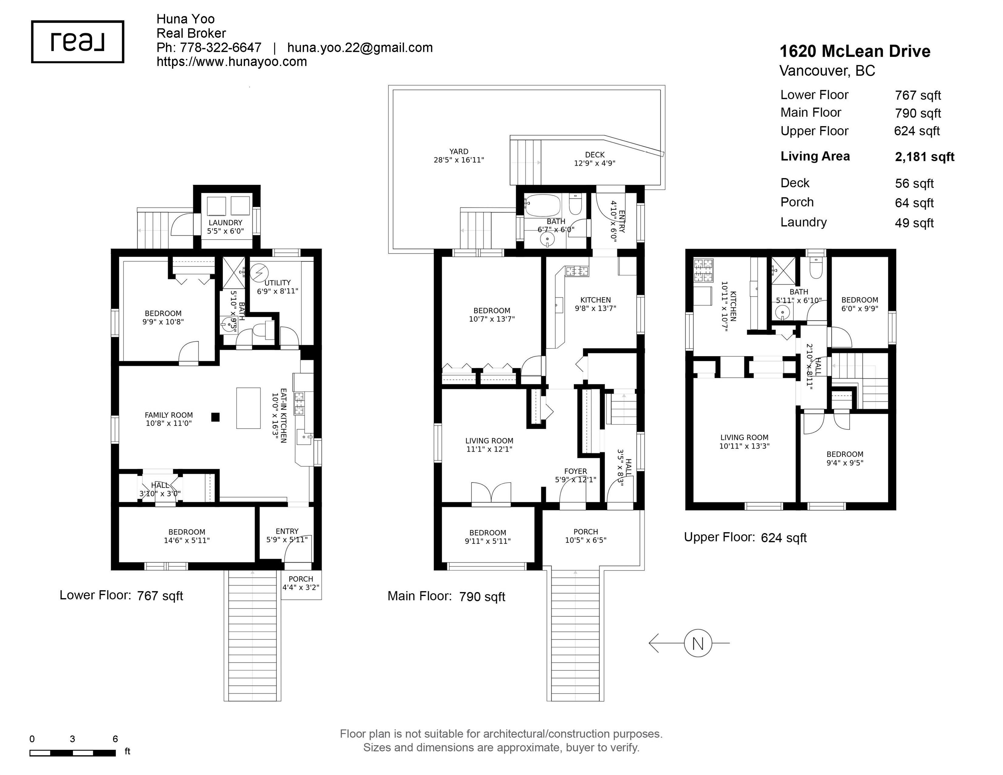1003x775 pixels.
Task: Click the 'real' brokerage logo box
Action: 78,42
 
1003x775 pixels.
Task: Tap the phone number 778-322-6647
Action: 220,48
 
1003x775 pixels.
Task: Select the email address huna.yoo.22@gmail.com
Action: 360,48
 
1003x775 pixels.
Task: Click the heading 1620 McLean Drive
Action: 855,51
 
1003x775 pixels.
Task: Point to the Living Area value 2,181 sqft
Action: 925,157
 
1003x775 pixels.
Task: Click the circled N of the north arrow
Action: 697,643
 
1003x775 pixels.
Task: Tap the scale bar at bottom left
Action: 73,753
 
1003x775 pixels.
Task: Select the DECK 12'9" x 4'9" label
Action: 595,159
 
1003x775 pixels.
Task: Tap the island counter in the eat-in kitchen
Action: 248,408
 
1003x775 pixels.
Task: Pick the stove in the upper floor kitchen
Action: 704,270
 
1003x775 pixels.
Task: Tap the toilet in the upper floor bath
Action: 816,268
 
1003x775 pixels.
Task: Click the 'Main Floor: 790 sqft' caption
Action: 446,596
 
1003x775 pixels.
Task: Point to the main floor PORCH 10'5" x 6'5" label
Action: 585,536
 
